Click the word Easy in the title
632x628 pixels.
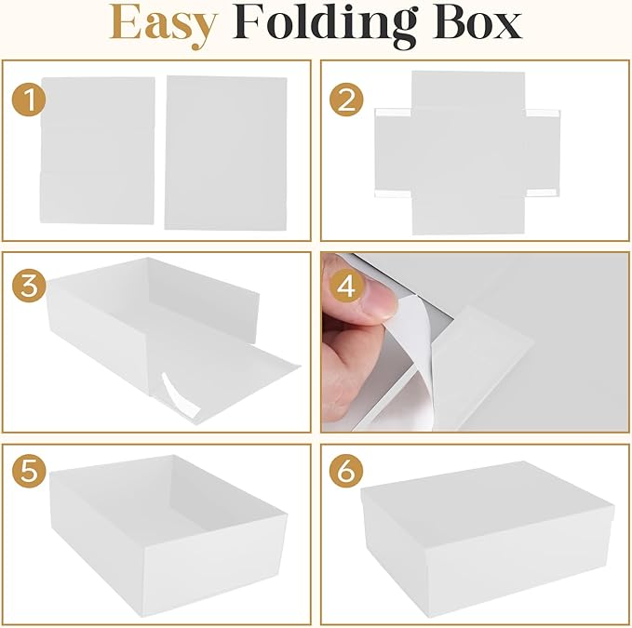(x=164, y=25)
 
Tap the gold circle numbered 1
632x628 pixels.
(x=29, y=100)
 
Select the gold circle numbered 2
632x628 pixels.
(x=346, y=100)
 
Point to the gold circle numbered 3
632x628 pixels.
(x=29, y=286)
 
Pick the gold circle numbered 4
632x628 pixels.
(x=346, y=286)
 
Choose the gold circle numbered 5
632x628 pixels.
(x=29, y=471)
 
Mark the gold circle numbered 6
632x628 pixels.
(x=346, y=471)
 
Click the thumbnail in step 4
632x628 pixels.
(x=379, y=297)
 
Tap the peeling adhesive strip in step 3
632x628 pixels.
(x=181, y=396)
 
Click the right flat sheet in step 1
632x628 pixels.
(x=225, y=154)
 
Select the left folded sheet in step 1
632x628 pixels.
(x=97, y=150)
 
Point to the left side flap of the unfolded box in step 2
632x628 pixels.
(x=394, y=153)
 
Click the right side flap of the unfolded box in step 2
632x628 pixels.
(x=543, y=153)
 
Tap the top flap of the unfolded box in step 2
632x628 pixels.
(x=468, y=89)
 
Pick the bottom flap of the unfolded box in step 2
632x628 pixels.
(x=468, y=216)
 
